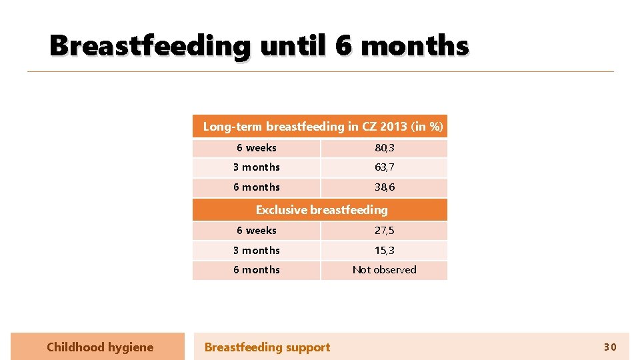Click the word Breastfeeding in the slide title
pyautogui.click(x=150, y=47)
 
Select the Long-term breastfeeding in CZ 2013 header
pyautogui.click(x=323, y=127)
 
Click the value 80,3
pyautogui.click(x=384, y=148)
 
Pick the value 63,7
pyautogui.click(x=384, y=167)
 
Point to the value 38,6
pyautogui.click(x=384, y=187)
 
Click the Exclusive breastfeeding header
pyautogui.click(x=321, y=210)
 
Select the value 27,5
pyautogui.click(x=384, y=231)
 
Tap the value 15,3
pyautogui.click(x=384, y=251)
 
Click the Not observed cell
pyautogui.click(x=384, y=270)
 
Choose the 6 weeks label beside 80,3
pyautogui.click(x=257, y=148)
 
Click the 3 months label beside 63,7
pyautogui.click(x=257, y=167)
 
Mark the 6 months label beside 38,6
pyautogui.click(x=257, y=187)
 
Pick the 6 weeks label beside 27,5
pyautogui.click(x=257, y=231)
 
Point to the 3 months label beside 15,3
pyautogui.click(x=257, y=251)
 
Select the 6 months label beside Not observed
pyautogui.click(x=257, y=270)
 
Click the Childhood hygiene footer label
pyautogui.click(x=100, y=347)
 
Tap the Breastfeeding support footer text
pyautogui.click(x=267, y=347)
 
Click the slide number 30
pyautogui.click(x=610, y=347)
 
